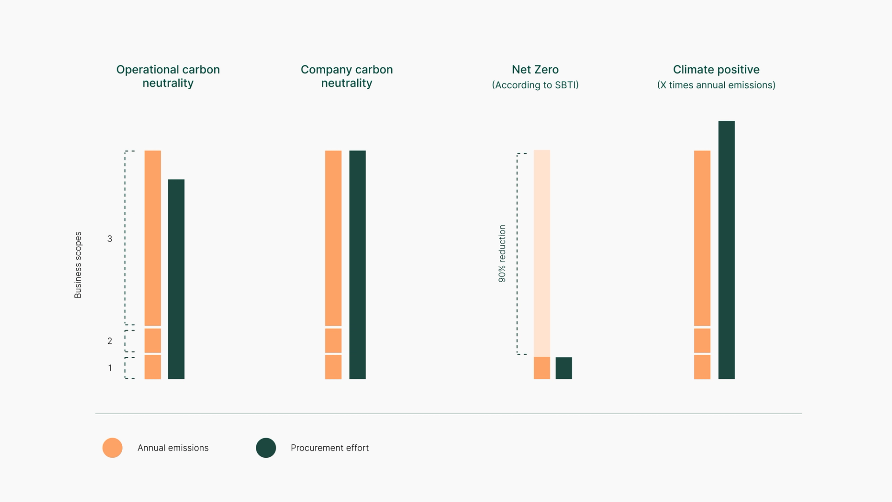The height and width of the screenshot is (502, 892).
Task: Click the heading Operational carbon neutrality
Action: tap(168, 76)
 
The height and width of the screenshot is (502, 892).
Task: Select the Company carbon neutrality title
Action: tap(347, 76)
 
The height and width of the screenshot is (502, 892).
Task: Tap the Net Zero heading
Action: tap(535, 70)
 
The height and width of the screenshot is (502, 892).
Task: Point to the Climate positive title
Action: tap(716, 70)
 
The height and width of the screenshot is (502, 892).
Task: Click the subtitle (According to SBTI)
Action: tap(535, 85)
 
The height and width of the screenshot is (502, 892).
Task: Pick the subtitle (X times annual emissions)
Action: tap(716, 85)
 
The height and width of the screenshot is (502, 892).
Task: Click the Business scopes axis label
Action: tap(78, 265)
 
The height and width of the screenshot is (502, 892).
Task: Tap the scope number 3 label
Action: tap(110, 239)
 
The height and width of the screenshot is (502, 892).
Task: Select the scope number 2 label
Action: tap(110, 341)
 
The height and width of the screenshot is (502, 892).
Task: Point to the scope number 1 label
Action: tap(110, 368)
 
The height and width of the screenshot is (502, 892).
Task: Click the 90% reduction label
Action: tap(502, 254)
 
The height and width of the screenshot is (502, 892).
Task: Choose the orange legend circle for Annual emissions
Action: tap(112, 448)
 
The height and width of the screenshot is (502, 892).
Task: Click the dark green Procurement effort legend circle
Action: tap(266, 448)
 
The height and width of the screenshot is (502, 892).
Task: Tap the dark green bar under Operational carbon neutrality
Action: tap(176, 279)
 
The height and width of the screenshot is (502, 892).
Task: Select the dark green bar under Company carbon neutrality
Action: tap(357, 265)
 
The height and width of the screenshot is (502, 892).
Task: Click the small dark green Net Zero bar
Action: tap(564, 368)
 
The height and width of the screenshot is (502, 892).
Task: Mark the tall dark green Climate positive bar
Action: tap(726, 250)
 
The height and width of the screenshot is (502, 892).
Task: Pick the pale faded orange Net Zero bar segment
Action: tap(542, 253)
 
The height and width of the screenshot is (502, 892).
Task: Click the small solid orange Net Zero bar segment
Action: tap(542, 368)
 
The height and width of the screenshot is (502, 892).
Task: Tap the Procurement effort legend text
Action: tap(329, 448)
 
